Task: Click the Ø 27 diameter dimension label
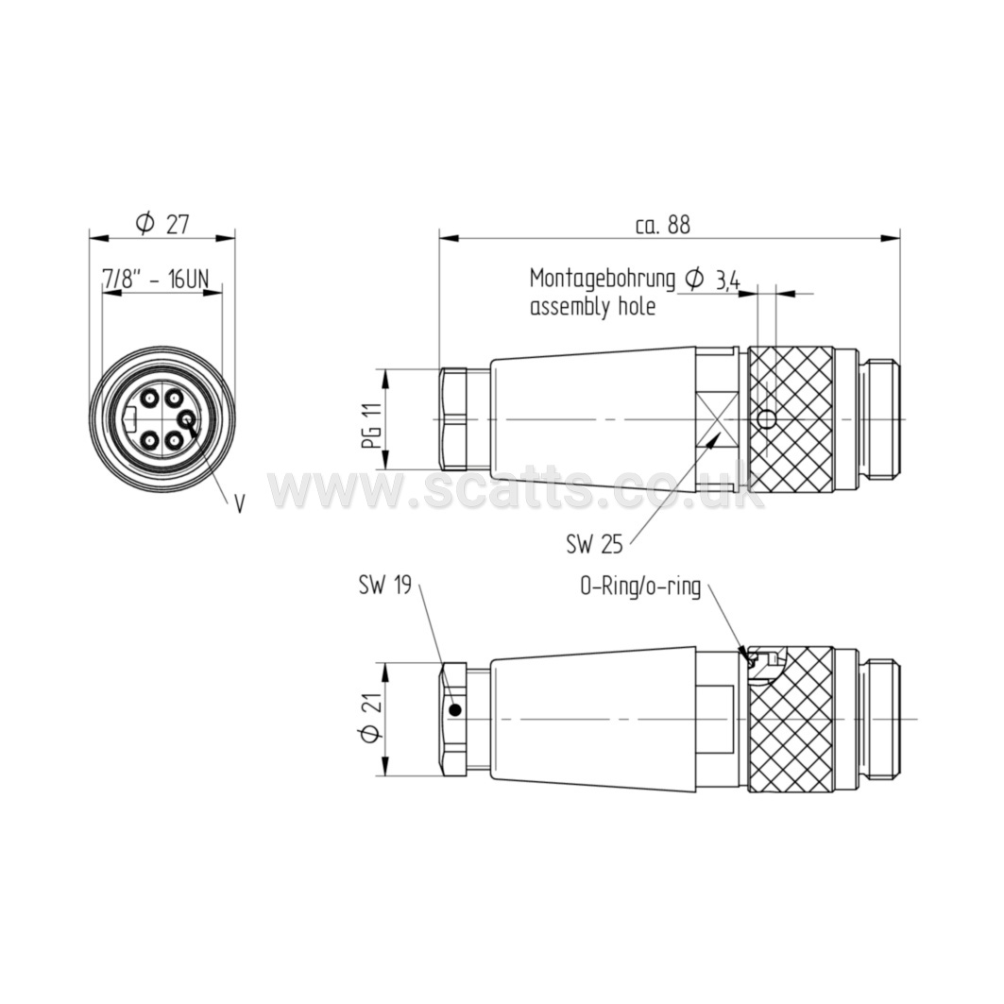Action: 162,224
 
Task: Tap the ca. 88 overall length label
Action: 663,225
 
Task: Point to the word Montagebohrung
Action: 603,280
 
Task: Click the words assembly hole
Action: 593,307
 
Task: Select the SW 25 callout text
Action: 594,544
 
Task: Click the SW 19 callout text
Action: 384,586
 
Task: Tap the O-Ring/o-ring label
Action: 640,587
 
